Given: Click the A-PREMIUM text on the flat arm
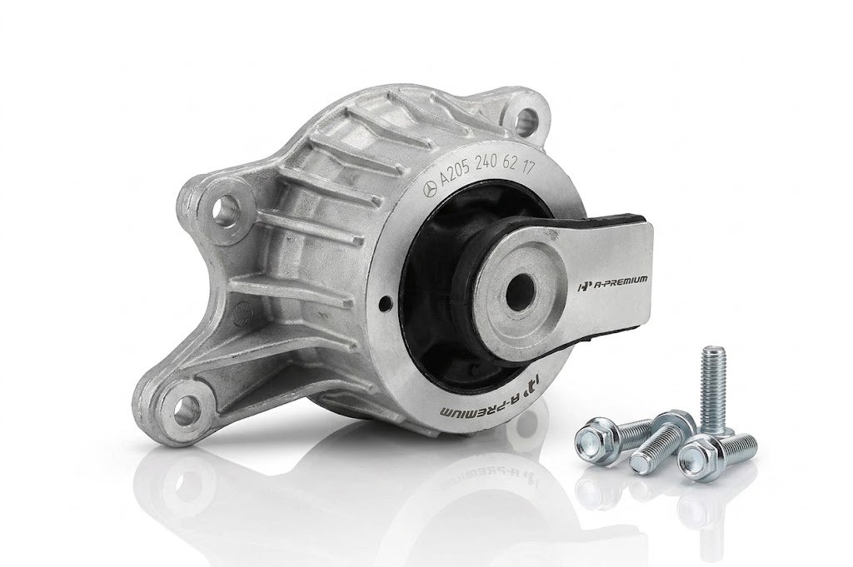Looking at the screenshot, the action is (611, 281).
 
